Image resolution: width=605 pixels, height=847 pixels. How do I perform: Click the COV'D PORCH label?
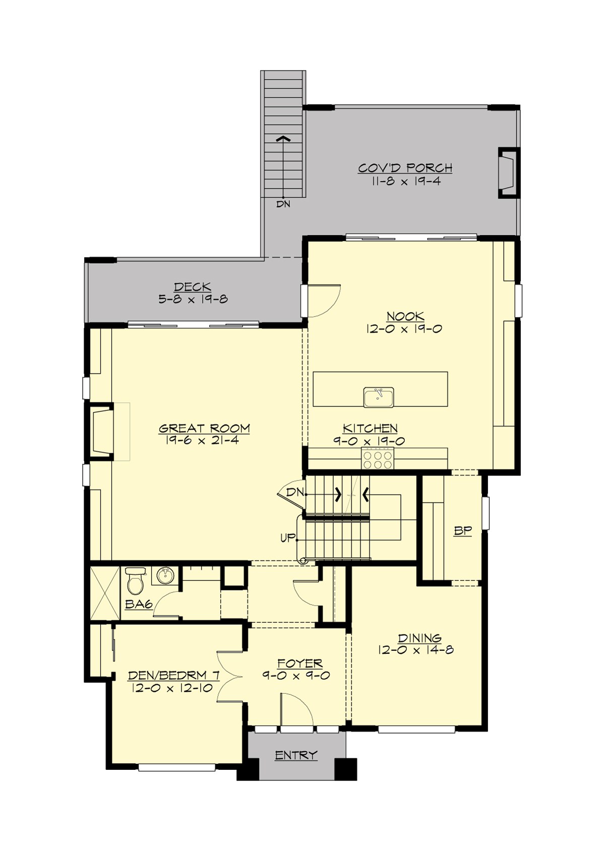[405, 168]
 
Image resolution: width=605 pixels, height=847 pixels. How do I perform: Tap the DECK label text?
[193, 287]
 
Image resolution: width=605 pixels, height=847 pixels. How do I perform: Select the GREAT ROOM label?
[204, 429]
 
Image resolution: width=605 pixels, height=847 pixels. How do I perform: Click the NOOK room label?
[405, 317]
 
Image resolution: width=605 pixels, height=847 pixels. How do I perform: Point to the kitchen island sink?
[379, 397]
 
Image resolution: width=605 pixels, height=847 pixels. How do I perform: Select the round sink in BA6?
[164, 576]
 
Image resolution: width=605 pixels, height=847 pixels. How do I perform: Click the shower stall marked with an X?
[105, 594]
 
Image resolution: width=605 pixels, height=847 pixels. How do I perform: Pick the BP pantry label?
[462, 530]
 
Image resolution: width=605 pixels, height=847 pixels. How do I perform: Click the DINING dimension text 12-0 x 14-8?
[415, 650]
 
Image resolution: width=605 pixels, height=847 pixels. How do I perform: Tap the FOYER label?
[299, 663]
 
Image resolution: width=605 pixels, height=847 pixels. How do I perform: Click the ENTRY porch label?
[296, 755]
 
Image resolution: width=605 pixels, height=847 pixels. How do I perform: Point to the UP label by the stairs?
[287, 538]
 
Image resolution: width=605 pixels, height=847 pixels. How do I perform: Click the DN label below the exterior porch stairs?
[283, 204]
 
